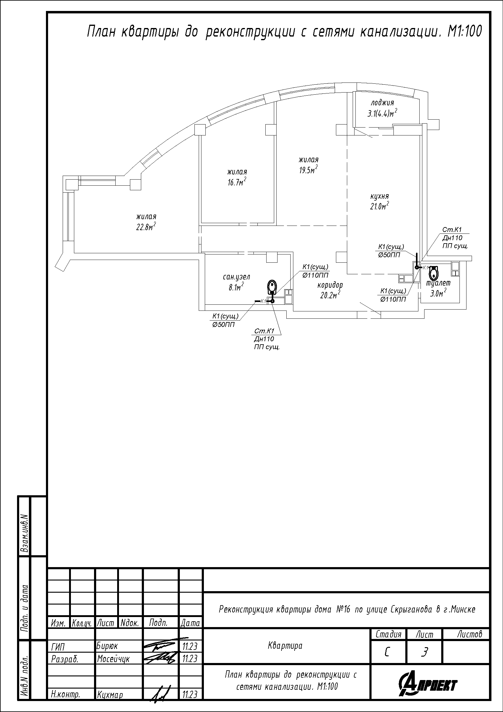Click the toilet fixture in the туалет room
pyautogui.click(x=434, y=272)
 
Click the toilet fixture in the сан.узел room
pyautogui.click(x=272, y=287)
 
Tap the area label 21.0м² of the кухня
pyautogui.click(x=380, y=206)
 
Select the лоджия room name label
pyautogui.click(x=382, y=103)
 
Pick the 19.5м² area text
pyautogui.click(x=308, y=170)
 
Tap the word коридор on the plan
pyautogui.click(x=330, y=285)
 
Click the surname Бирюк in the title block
pyautogui.click(x=107, y=646)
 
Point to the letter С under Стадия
pyautogui.click(x=387, y=652)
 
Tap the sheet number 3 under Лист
pyautogui.click(x=424, y=652)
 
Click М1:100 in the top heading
pyautogui.click(x=465, y=31)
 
